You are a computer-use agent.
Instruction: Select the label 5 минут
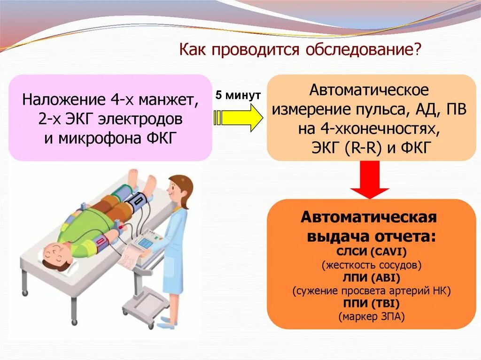pyautogui.click(x=238, y=95)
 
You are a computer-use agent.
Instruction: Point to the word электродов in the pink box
pyautogui.click(x=146, y=120)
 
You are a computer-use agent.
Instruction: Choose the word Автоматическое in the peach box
pyautogui.click(x=369, y=89)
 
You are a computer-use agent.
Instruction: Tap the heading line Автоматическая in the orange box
pyautogui.click(x=369, y=218)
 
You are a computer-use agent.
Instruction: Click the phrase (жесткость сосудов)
pyautogui.click(x=371, y=265)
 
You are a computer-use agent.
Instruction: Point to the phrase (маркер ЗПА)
pyautogui.click(x=371, y=317)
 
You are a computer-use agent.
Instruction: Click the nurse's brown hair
pyautogui.click(x=181, y=185)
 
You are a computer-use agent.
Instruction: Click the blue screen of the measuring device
pyautogui.click(x=147, y=243)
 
